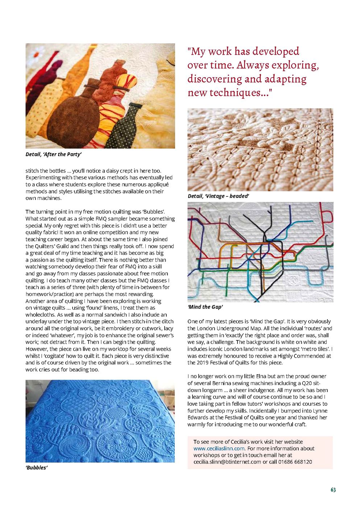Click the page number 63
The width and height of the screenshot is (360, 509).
coord(333,490)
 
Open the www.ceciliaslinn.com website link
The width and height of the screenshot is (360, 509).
coord(219,448)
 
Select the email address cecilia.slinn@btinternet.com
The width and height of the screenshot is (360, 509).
coord(227,462)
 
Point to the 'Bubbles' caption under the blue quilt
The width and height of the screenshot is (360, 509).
coord(36,468)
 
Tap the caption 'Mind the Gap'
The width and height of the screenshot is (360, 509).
coord(205,307)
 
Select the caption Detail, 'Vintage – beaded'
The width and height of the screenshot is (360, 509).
coord(218,196)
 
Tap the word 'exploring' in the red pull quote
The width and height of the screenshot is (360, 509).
coord(295,65)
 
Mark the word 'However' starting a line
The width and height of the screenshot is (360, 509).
coord(36,349)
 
